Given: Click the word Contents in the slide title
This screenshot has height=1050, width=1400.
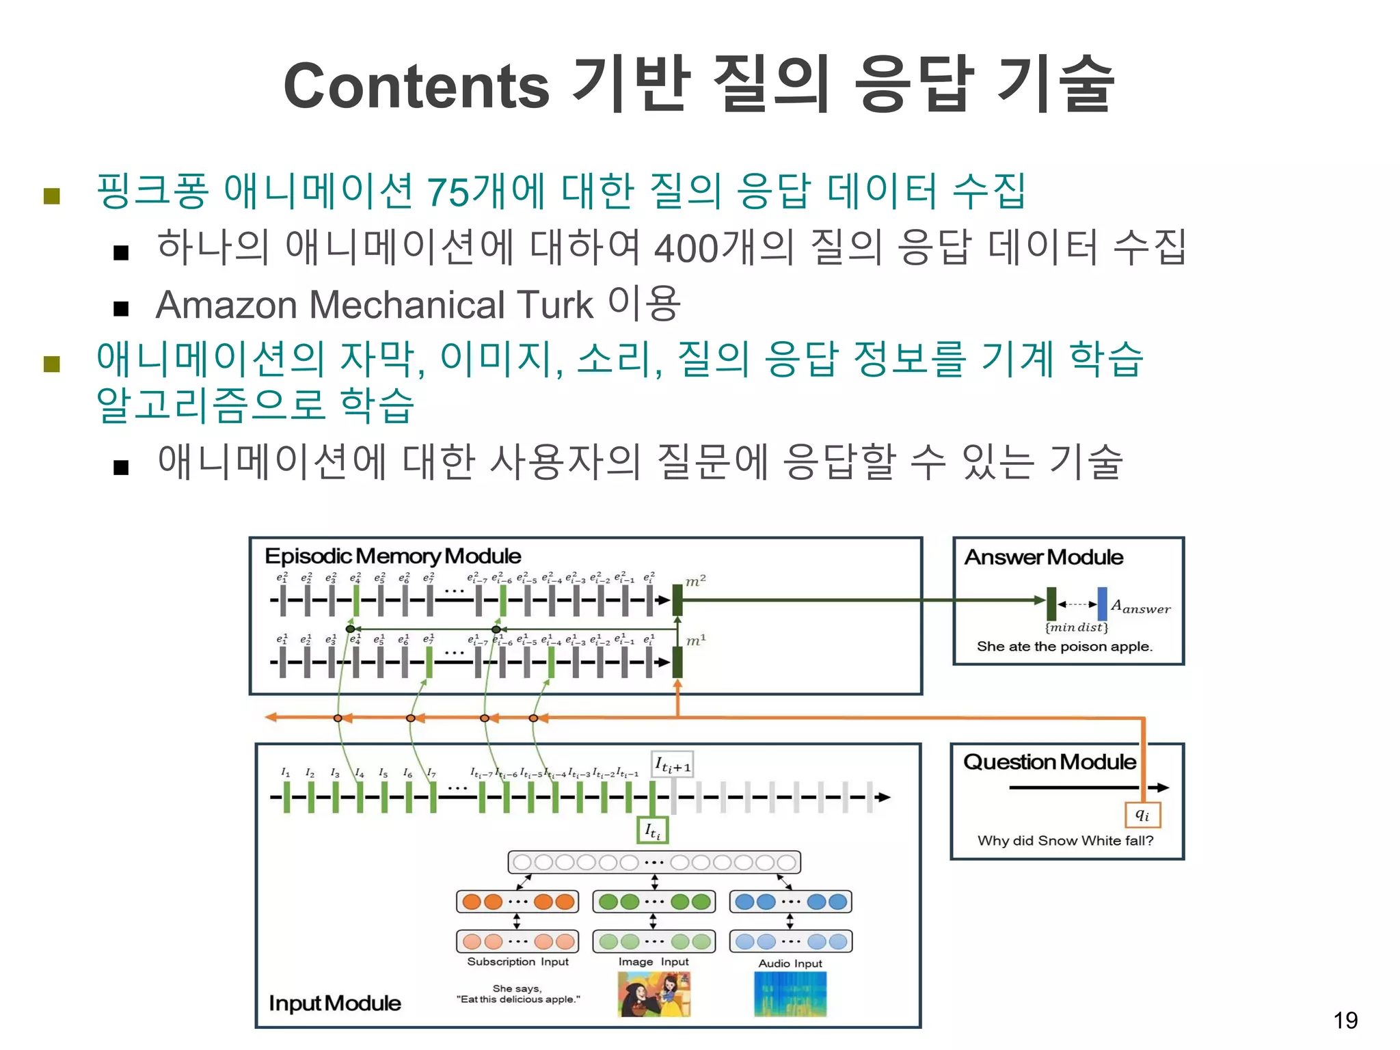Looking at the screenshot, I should click(416, 86).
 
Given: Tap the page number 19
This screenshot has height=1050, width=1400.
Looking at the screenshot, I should click(1345, 1021).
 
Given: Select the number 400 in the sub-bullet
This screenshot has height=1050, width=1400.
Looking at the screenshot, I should click(686, 248).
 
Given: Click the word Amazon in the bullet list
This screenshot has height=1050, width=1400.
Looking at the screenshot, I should click(226, 305).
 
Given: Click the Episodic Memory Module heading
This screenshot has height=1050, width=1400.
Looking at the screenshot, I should click(392, 556).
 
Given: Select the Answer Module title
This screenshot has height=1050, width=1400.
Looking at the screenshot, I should click(1043, 557).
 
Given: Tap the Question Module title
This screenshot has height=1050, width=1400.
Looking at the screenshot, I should click(1049, 762).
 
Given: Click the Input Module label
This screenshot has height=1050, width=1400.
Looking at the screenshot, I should click(335, 1003).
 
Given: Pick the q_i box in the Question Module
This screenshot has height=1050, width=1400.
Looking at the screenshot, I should click(1142, 815).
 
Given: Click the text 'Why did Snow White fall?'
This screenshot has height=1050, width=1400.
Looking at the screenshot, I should click(1065, 840).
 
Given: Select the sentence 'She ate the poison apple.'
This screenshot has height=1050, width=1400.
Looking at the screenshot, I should click(1064, 646).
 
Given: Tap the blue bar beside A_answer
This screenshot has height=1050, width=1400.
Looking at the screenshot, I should click(1102, 603).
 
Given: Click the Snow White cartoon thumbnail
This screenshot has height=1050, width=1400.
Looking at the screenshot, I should click(654, 995).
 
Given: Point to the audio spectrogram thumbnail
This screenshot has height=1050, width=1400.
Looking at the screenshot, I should click(790, 995).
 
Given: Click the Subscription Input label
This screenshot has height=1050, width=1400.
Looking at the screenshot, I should click(517, 962).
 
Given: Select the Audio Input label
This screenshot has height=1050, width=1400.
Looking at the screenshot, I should click(790, 963).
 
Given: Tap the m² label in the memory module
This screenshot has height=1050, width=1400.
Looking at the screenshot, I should click(695, 581).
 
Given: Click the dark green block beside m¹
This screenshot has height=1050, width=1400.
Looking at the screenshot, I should click(677, 662).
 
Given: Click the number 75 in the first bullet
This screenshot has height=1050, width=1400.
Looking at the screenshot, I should click(448, 191).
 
